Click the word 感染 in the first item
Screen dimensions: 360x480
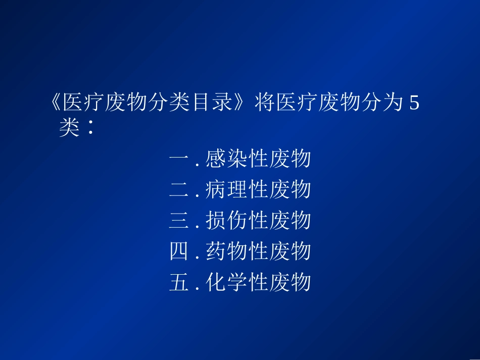(x=226, y=160)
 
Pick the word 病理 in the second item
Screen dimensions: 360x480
(x=226, y=190)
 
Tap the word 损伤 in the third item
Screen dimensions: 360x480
(x=226, y=221)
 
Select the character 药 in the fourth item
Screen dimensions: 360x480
(x=216, y=251)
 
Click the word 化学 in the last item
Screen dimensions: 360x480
(x=226, y=282)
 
